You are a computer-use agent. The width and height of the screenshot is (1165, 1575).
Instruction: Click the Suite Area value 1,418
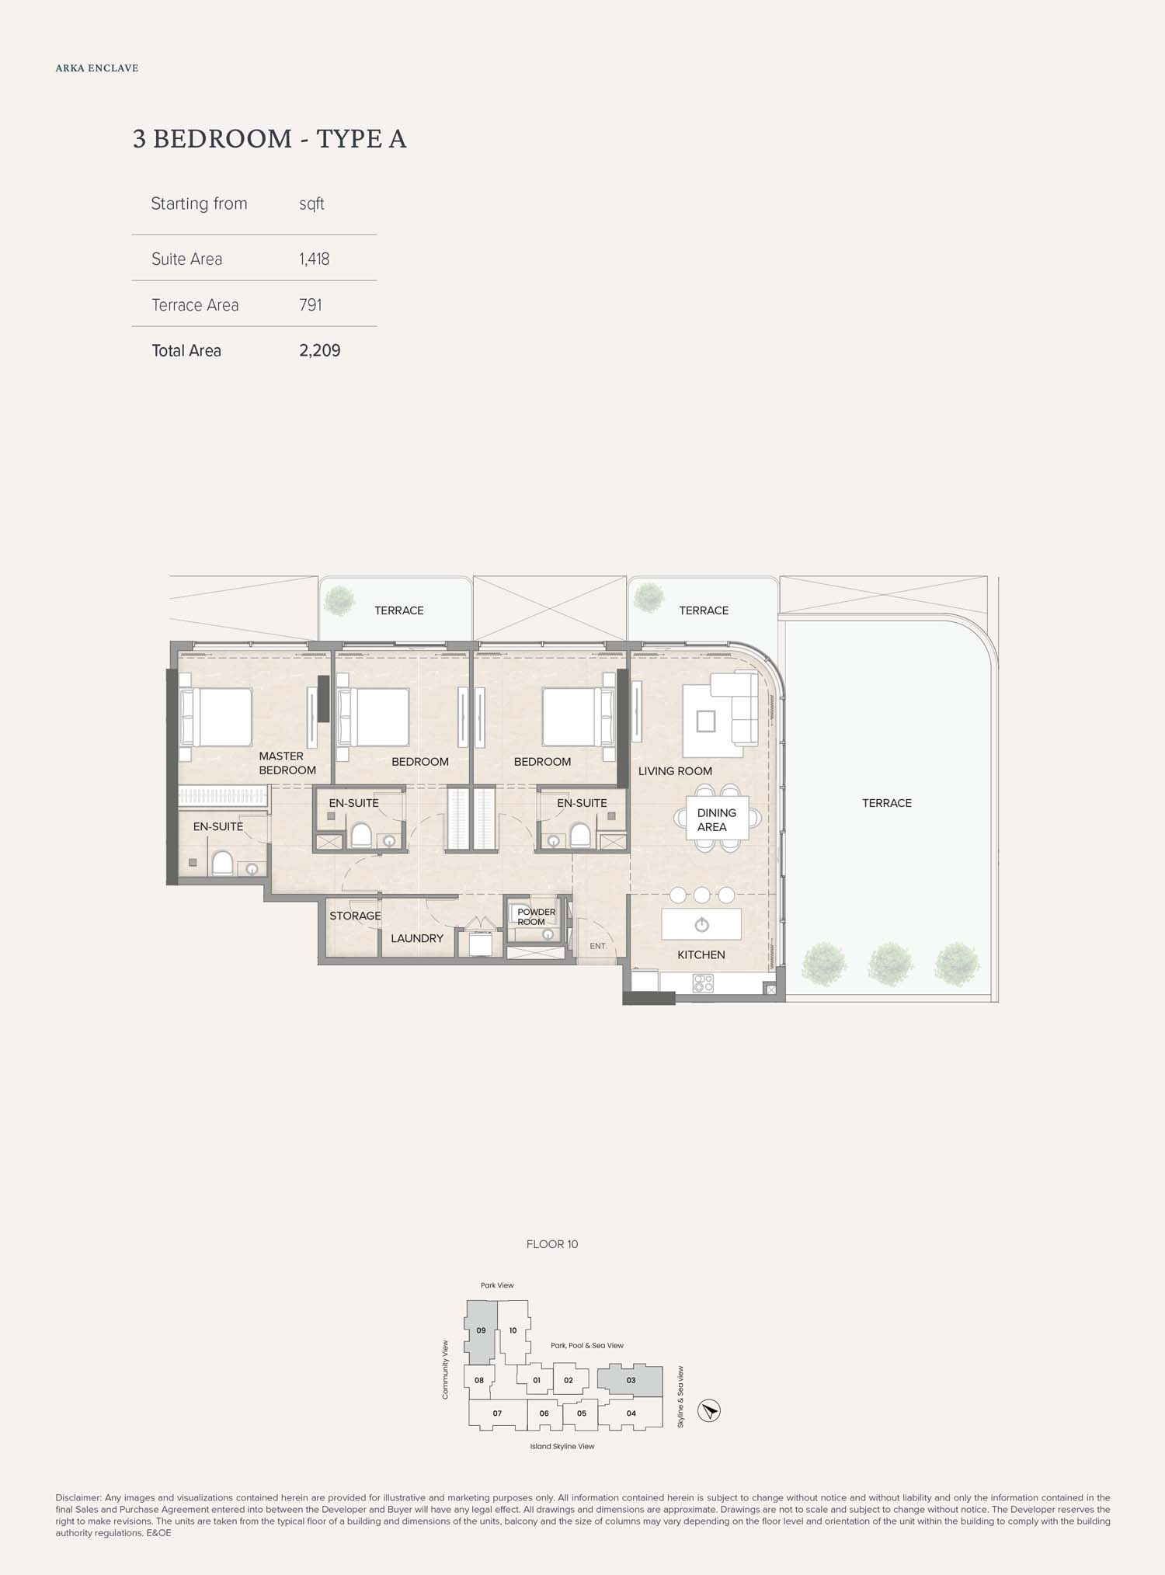point(315,259)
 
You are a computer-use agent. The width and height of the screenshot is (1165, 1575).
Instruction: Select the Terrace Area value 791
point(311,304)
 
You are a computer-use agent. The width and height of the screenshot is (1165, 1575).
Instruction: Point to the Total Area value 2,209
point(320,350)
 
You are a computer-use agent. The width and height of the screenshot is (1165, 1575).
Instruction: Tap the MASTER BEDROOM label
point(287,763)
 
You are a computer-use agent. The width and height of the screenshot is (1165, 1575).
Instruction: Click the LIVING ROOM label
point(675,771)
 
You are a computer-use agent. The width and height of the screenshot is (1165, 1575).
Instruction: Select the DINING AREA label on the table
point(716,819)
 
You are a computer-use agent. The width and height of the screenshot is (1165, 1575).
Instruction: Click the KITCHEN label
point(701,954)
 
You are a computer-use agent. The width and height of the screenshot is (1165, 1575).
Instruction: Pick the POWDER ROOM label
point(536,916)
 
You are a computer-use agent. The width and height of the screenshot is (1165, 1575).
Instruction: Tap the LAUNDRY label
point(417,938)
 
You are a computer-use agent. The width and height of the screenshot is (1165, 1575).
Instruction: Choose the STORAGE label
point(355,916)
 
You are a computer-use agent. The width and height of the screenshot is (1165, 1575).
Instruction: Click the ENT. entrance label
point(598,946)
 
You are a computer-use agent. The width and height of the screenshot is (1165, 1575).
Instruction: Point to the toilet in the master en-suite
point(222,863)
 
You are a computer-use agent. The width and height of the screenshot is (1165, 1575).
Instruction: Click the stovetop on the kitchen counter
point(703,983)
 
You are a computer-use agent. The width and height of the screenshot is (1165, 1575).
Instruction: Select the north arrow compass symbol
point(709,1410)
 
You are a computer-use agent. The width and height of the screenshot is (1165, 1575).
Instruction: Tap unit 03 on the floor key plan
point(630,1380)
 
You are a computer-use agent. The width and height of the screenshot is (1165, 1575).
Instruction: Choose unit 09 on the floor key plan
point(481,1331)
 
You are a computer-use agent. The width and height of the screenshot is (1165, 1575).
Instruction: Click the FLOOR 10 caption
point(552,1244)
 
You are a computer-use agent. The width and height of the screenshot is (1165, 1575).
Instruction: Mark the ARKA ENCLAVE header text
point(97,68)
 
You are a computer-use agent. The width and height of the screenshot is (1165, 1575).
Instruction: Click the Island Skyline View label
point(562,1446)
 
